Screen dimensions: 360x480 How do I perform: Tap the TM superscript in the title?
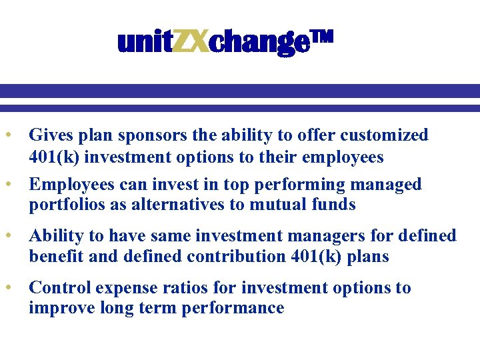point(321,39)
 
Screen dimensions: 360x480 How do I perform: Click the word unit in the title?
point(145,43)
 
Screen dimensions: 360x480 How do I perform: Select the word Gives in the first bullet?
point(49,135)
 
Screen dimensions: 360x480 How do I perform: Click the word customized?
point(384,135)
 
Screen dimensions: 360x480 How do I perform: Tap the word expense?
point(125,289)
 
